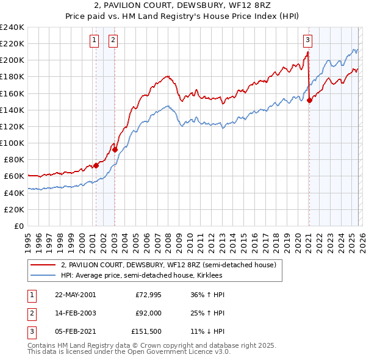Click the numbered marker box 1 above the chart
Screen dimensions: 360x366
tap(95, 41)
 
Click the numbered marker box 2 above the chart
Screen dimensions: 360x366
tap(114, 41)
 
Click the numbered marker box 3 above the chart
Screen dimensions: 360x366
tap(308, 41)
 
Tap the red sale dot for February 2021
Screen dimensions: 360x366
tap(309, 101)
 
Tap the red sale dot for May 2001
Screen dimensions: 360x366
tap(96, 165)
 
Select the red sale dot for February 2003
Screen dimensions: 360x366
tap(115, 149)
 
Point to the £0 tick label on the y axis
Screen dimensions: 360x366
tap(19, 226)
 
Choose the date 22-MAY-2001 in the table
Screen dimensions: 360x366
tap(75, 294)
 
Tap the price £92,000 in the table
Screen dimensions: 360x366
tap(148, 314)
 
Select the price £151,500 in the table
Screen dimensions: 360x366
tap(146, 333)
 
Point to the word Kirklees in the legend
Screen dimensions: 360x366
tap(209, 276)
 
